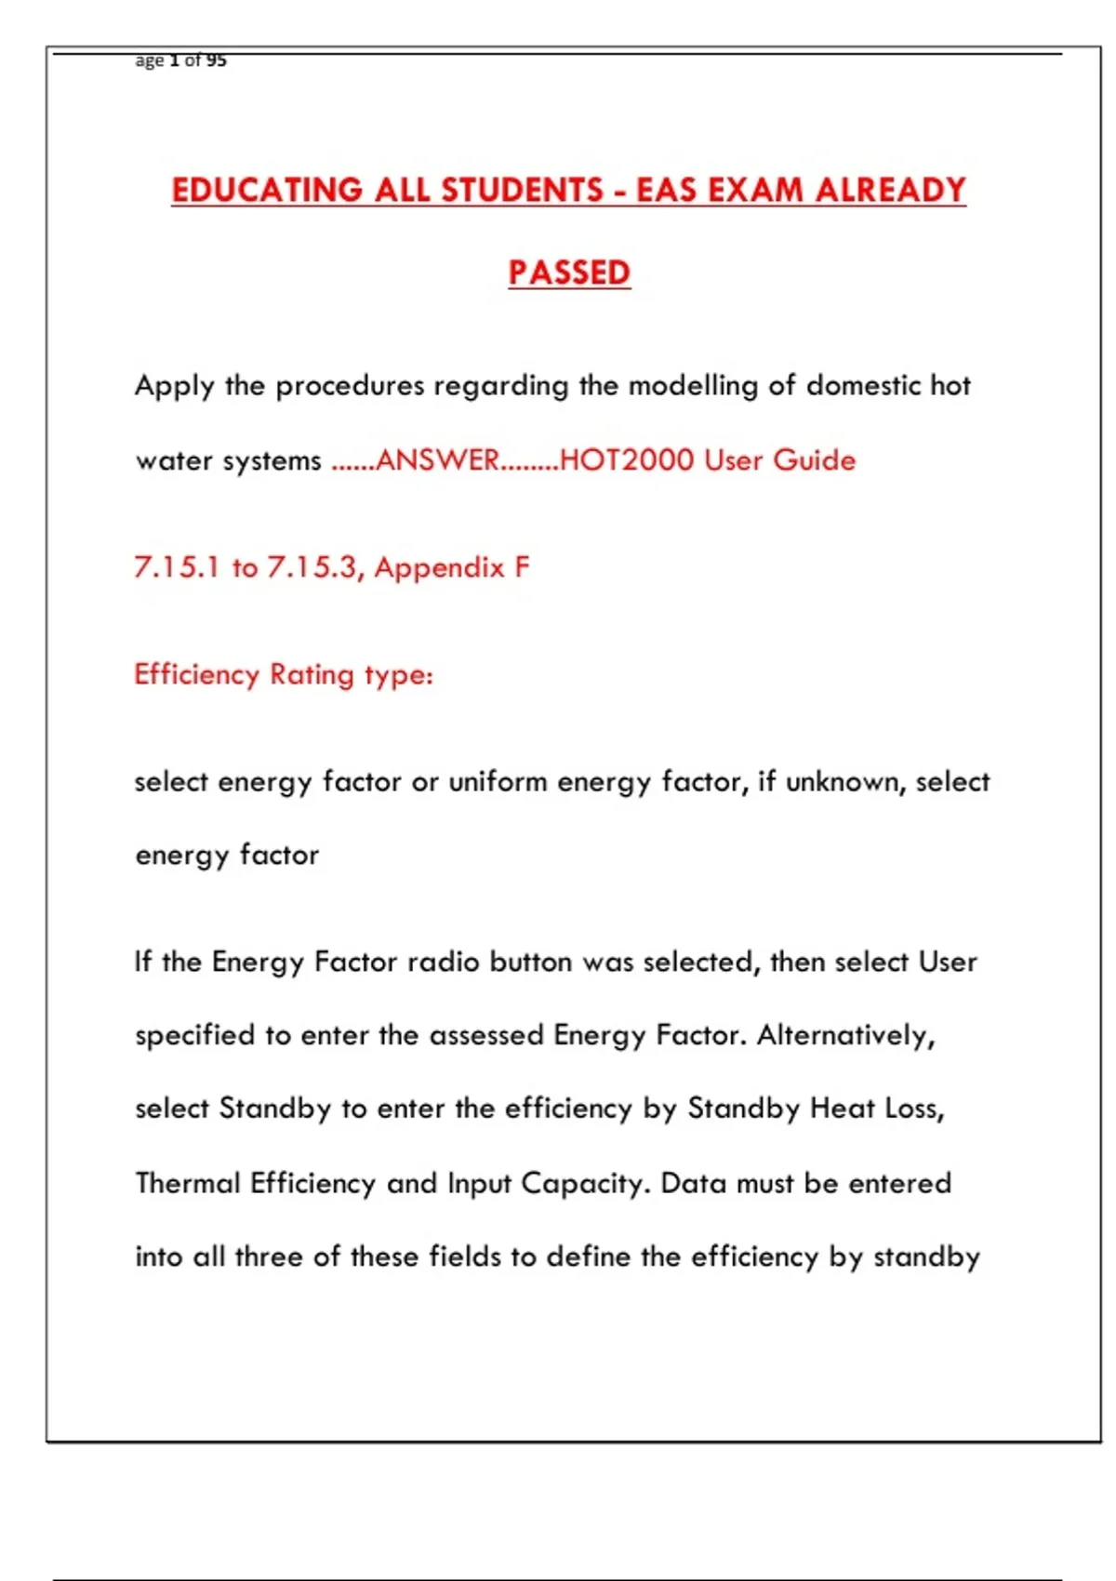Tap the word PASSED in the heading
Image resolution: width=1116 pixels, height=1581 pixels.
pos(569,272)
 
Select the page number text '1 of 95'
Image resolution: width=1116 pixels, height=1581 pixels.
pos(197,60)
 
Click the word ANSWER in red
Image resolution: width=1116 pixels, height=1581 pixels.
pos(438,460)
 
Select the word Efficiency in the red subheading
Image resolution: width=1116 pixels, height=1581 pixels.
pos(196,674)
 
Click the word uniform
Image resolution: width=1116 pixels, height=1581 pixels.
pos(498,781)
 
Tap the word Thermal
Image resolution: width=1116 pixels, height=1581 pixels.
pos(188,1183)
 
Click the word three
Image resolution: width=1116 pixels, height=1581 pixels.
pos(270,1256)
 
